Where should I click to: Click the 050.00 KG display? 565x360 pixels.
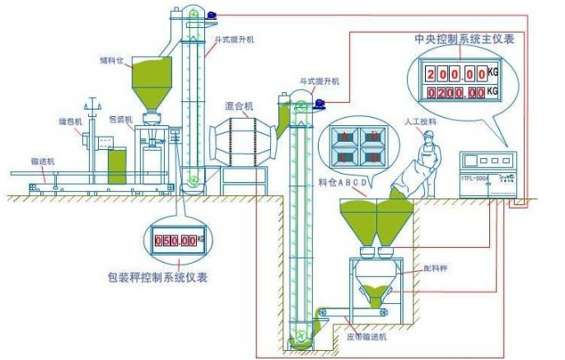(177, 241)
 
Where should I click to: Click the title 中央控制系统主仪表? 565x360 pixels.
(464, 39)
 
